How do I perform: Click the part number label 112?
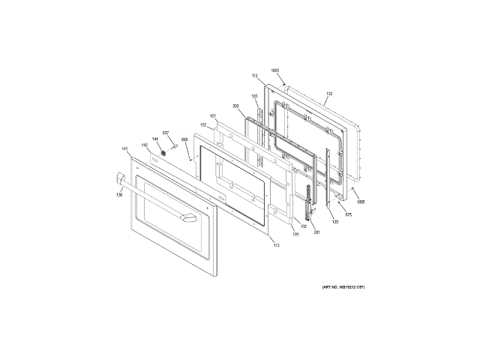point(254,76)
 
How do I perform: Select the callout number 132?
point(329,94)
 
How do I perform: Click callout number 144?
point(156,139)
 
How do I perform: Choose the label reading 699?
point(184,150)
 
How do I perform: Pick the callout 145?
point(145,145)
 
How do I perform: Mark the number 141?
point(124,149)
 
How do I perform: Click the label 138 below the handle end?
point(118,195)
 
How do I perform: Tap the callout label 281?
point(317,232)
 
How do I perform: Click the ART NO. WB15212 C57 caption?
point(343,288)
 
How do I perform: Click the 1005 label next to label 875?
point(362,202)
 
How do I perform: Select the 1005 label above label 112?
point(275,70)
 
